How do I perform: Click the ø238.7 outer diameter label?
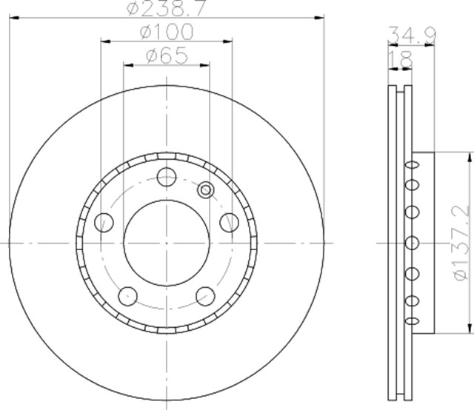165,9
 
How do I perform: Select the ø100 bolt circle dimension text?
166,33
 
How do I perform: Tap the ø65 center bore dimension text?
166,56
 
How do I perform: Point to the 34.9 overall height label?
411,33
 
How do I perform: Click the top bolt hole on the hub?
167,177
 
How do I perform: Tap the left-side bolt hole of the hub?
104,221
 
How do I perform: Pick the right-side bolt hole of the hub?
229,221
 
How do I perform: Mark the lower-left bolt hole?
128,295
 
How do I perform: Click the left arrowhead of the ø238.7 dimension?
10,18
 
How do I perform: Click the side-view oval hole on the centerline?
410,242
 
